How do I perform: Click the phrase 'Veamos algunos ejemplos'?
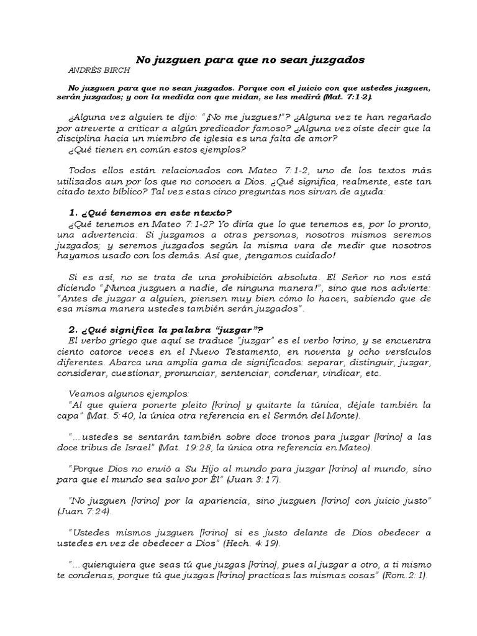pos(130,394)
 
